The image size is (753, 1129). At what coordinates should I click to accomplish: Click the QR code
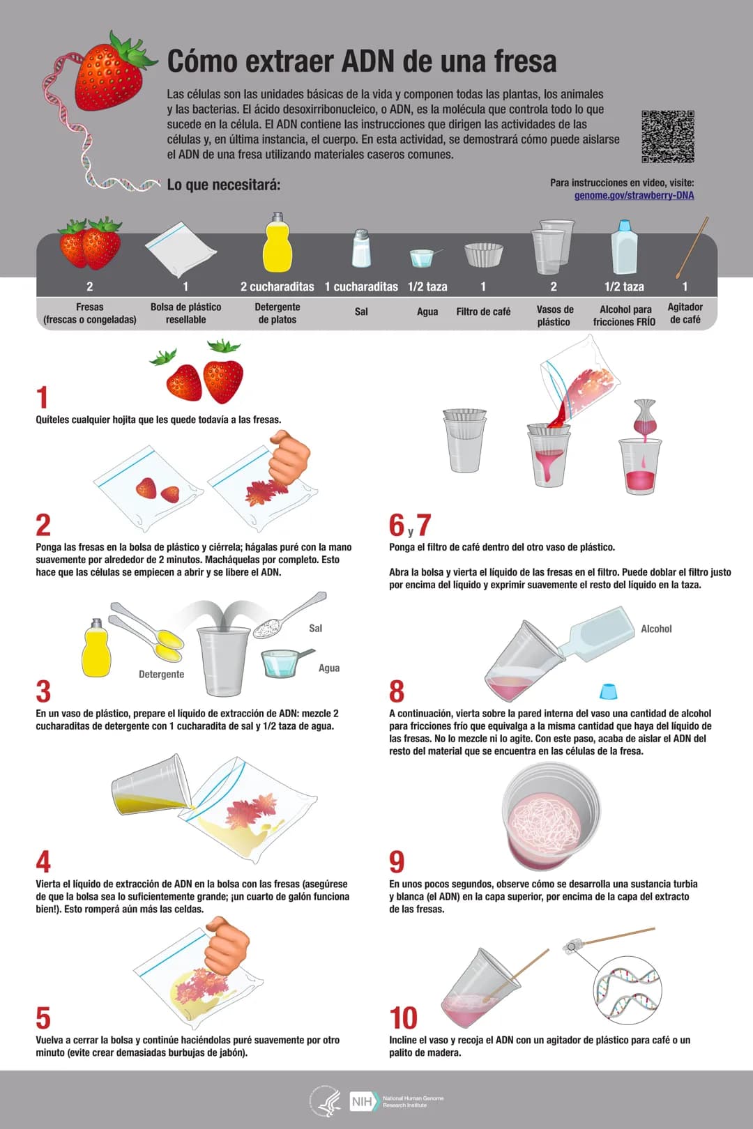[x=668, y=137]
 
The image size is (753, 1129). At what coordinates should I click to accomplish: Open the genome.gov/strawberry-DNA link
[x=634, y=196]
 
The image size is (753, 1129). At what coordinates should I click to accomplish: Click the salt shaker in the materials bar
[x=361, y=248]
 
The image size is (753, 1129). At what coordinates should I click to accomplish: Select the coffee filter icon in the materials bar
[x=484, y=254]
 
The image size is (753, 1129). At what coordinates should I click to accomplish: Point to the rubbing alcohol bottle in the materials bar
[x=625, y=247]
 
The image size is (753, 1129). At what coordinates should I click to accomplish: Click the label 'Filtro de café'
[x=483, y=312]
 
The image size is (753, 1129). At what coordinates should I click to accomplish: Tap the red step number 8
[x=397, y=691]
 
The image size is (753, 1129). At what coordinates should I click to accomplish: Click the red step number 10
[x=404, y=1017]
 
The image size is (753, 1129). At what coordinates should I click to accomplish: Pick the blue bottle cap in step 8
[x=608, y=691]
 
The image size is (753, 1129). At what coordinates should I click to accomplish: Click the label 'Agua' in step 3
[x=329, y=668]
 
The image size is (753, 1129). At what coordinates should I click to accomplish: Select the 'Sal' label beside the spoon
[x=315, y=628]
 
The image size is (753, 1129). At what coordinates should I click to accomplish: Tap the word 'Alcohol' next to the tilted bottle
[x=656, y=629]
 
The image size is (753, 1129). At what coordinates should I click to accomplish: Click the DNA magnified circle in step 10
[x=627, y=990]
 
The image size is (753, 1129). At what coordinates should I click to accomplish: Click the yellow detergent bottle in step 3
[x=96, y=647]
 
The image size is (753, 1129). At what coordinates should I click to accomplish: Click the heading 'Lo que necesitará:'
[x=223, y=185]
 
